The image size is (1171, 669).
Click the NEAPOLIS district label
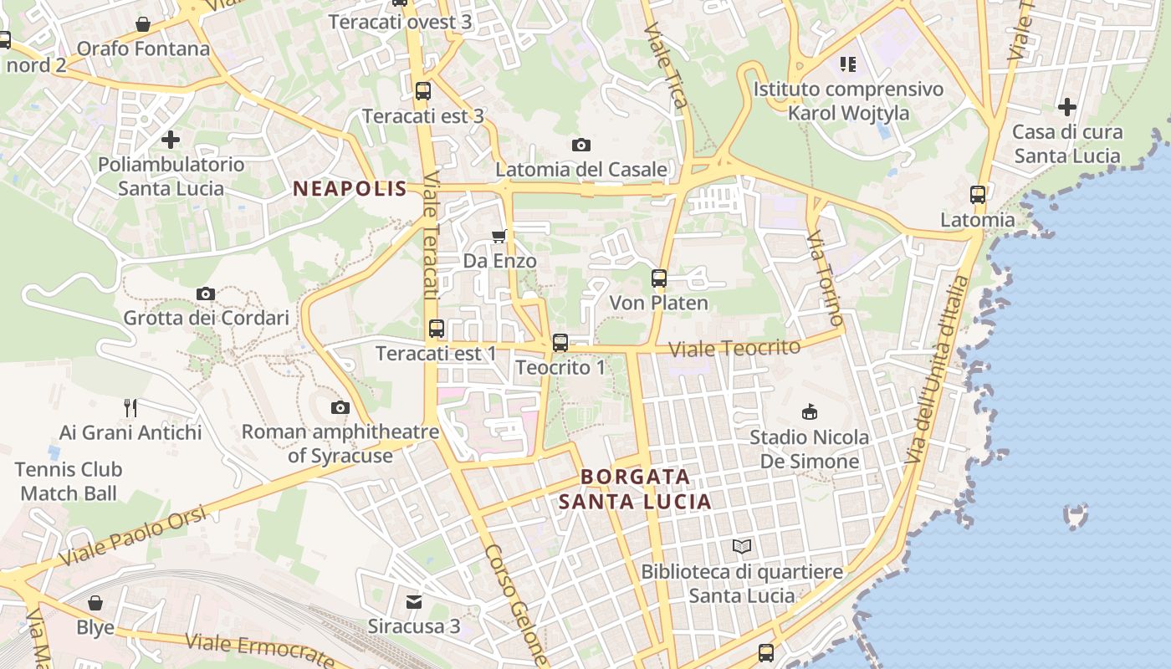pyautogui.click(x=350, y=189)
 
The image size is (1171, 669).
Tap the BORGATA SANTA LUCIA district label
pyautogui.click(x=636, y=489)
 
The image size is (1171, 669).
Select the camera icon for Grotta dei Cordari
pyautogui.click(x=206, y=294)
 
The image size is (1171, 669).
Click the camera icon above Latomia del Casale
pyautogui.click(x=581, y=145)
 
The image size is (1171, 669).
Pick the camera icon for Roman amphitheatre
pyautogui.click(x=340, y=407)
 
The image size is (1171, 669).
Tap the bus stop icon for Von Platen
pyautogui.click(x=659, y=278)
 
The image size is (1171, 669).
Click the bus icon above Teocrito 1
pyautogui.click(x=560, y=342)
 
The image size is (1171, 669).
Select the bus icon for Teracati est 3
pyautogui.click(x=423, y=91)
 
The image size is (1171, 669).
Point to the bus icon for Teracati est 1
pyautogui.click(x=436, y=329)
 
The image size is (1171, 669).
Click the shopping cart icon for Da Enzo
pyautogui.click(x=499, y=237)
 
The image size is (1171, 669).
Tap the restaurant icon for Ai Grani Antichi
pyautogui.click(x=130, y=407)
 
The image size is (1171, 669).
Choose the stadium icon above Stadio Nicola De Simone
pyautogui.click(x=809, y=411)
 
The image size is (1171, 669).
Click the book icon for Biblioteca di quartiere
pyautogui.click(x=742, y=547)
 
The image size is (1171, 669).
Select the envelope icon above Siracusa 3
pyautogui.click(x=414, y=601)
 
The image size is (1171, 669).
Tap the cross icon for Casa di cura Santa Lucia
pyautogui.click(x=1066, y=107)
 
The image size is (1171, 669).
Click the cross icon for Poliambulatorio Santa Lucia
pyautogui.click(x=171, y=140)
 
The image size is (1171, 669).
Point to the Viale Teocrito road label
pyautogui.click(x=735, y=348)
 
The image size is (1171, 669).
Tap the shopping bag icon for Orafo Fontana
pyautogui.click(x=143, y=24)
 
